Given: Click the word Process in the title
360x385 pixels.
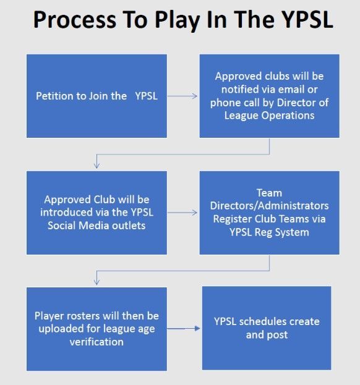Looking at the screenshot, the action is click(75, 20).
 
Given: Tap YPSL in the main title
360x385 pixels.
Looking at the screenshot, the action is click(307, 20).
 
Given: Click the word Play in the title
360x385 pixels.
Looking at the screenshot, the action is click(177, 21).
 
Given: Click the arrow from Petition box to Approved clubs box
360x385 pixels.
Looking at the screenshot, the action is click(182, 96).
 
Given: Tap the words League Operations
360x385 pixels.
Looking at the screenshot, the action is click(269, 116).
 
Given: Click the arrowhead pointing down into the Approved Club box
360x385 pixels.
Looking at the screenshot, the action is click(97, 165).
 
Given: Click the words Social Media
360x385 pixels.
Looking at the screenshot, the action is click(79, 226).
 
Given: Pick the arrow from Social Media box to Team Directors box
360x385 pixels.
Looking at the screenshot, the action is click(182, 213).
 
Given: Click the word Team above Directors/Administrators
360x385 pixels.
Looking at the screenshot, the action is click(269, 193).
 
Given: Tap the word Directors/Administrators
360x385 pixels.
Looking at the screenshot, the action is click(269, 206).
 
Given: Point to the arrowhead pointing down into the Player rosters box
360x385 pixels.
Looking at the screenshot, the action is click(97, 282).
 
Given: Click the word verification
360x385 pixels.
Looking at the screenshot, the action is click(96, 342).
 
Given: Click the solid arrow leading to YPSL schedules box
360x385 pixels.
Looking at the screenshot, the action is click(184, 329).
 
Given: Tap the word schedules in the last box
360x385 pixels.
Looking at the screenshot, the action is click(266, 321).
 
